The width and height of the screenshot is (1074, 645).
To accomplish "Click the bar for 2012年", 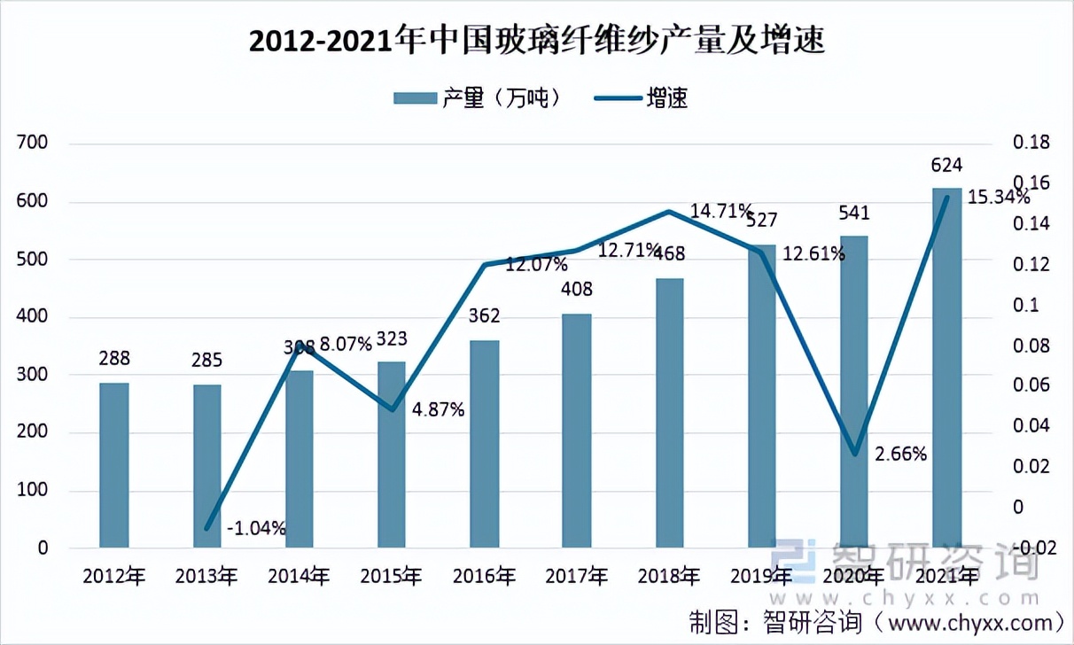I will (x=114, y=465).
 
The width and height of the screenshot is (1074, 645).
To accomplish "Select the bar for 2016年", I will (x=485, y=443).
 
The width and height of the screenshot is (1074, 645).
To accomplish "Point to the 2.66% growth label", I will (x=900, y=455).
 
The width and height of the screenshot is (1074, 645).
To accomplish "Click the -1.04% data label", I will (x=256, y=529).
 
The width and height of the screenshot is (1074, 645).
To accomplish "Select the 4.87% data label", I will (x=438, y=410).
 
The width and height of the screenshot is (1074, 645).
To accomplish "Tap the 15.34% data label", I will (x=998, y=197).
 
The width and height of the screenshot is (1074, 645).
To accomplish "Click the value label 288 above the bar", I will (x=114, y=359).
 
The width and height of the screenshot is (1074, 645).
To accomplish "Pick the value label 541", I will (x=855, y=213).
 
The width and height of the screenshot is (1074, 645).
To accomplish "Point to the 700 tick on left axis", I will (x=31, y=144).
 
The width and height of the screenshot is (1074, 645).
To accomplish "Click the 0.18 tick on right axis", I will (x=1031, y=144).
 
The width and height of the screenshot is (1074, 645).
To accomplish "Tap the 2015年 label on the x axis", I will (x=392, y=577).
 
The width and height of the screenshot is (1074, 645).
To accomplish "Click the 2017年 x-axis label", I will (x=577, y=577).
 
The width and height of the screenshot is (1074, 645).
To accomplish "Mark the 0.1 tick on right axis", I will (x=1025, y=305).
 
